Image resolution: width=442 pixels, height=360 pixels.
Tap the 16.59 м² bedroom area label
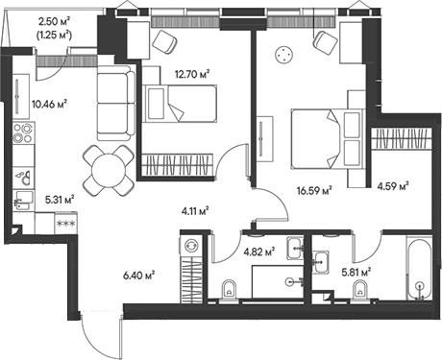point(314,190)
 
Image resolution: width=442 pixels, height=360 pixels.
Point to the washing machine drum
point(190,247)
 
